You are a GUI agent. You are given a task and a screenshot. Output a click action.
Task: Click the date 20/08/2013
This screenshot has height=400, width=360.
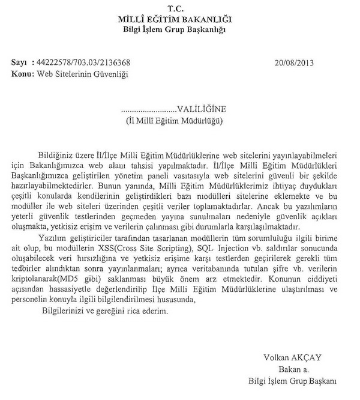(x=294, y=62)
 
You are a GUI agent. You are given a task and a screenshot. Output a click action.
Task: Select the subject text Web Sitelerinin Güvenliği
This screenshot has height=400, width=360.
(x=82, y=73)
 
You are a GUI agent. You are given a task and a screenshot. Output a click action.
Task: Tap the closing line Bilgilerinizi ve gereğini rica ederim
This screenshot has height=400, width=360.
(x=106, y=312)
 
